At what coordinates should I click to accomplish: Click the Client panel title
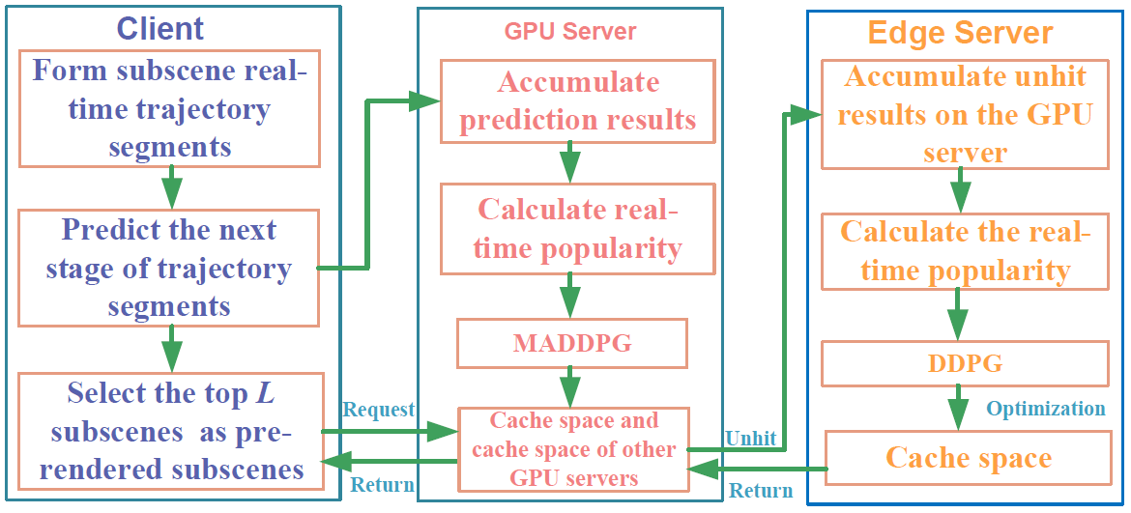click(x=160, y=29)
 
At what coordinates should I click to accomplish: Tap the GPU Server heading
click(x=569, y=32)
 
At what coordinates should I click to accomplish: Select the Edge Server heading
click(x=961, y=33)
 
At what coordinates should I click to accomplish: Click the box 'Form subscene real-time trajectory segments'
click(x=169, y=109)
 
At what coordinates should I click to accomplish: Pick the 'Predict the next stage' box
click(x=168, y=268)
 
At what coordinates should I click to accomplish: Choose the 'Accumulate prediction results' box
click(x=577, y=100)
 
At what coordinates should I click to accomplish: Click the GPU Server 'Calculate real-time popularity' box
click(x=577, y=229)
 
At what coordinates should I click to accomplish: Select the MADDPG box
click(x=571, y=343)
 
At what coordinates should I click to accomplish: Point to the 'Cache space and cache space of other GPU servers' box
click(x=572, y=448)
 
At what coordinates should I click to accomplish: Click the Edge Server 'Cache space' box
click(x=968, y=458)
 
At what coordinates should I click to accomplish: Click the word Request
click(x=379, y=410)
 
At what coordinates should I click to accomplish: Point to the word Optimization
click(x=1045, y=409)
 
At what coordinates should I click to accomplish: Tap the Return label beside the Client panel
click(x=382, y=485)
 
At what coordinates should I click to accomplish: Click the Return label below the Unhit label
click(x=760, y=492)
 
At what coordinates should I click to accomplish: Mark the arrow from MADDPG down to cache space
click(x=571, y=386)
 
